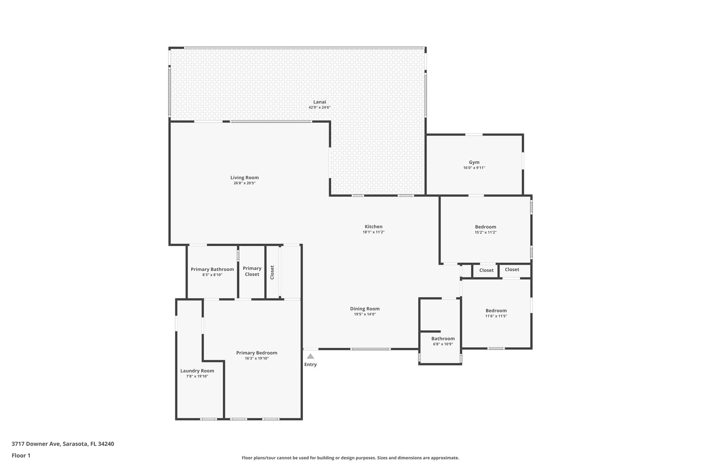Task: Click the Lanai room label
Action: pyautogui.click(x=319, y=102)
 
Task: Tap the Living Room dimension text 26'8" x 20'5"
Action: pyautogui.click(x=244, y=183)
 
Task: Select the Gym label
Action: pyautogui.click(x=474, y=162)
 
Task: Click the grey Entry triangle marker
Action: pyautogui.click(x=310, y=356)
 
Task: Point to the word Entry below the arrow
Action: pyautogui.click(x=310, y=364)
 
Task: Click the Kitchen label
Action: pyautogui.click(x=373, y=226)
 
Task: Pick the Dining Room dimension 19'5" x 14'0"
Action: pyautogui.click(x=365, y=314)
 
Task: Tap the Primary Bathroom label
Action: pyautogui.click(x=212, y=269)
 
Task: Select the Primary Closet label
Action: pyautogui.click(x=252, y=271)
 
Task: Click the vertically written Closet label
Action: pyautogui.click(x=272, y=272)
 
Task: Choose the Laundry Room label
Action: pyautogui.click(x=197, y=371)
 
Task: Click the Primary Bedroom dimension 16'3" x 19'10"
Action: pyautogui.click(x=257, y=358)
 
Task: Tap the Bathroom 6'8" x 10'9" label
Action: pyautogui.click(x=443, y=339)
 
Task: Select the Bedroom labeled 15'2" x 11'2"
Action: pyautogui.click(x=485, y=227)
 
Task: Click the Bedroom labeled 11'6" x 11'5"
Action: pyautogui.click(x=496, y=311)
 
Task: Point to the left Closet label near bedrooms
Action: pyautogui.click(x=486, y=270)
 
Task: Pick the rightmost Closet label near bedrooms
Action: pyautogui.click(x=512, y=270)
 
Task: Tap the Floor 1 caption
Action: pyautogui.click(x=21, y=455)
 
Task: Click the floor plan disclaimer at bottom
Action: pyautogui.click(x=350, y=458)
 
